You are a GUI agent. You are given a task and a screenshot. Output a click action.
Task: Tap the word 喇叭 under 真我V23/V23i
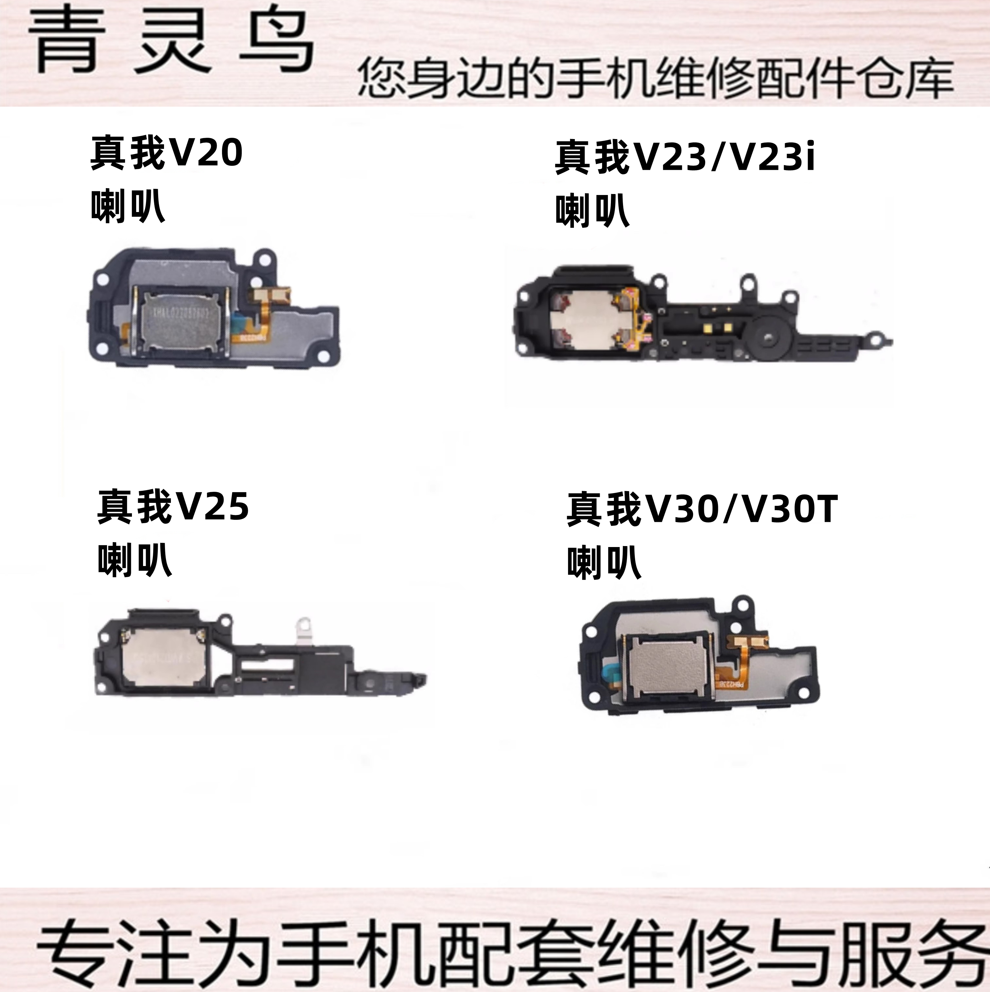tap(592, 210)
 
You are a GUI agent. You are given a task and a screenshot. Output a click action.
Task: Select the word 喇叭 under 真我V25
tap(135, 560)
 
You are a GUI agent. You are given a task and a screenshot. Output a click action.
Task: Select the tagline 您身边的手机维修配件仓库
tap(655, 79)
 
